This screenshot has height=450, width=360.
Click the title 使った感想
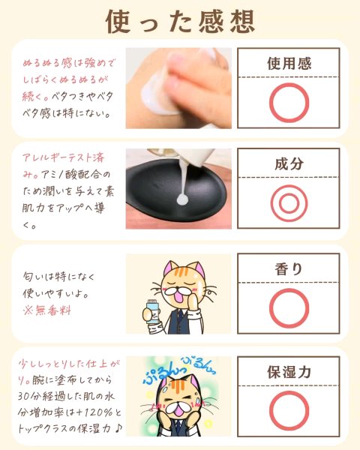pos(180,22)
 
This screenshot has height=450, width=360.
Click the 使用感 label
pos(289,64)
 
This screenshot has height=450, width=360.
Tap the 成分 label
pos(289,163)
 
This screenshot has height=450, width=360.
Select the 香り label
pos(289,269)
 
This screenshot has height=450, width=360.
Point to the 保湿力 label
pos(289,372)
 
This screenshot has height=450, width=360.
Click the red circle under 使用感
pos(270,103)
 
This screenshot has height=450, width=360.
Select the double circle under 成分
pos(271,203)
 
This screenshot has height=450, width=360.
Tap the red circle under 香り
pos(270,308)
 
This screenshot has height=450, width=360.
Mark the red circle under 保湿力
pos(270,411)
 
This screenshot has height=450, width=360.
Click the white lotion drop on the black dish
pos(182,199)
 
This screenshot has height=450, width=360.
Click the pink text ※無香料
pos(46,310)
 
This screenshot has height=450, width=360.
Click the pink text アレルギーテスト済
pos(63,157)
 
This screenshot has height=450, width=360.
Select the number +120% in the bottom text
pos(94,412)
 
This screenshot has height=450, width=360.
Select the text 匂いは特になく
pos(58,276)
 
